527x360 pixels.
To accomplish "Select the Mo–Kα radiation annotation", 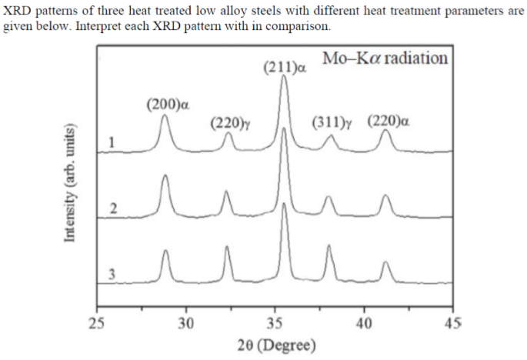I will (385, 58).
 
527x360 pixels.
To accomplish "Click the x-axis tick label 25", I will (97, 322).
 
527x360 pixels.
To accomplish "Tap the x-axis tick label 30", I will (185, 322).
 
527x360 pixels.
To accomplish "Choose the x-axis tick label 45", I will (452, 322).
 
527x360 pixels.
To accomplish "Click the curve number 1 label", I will (112, 142).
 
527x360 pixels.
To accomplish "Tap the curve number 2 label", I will (112, 208).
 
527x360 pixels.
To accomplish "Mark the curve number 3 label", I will (112, 274).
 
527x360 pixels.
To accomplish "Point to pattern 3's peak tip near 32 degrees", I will (227, 247).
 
